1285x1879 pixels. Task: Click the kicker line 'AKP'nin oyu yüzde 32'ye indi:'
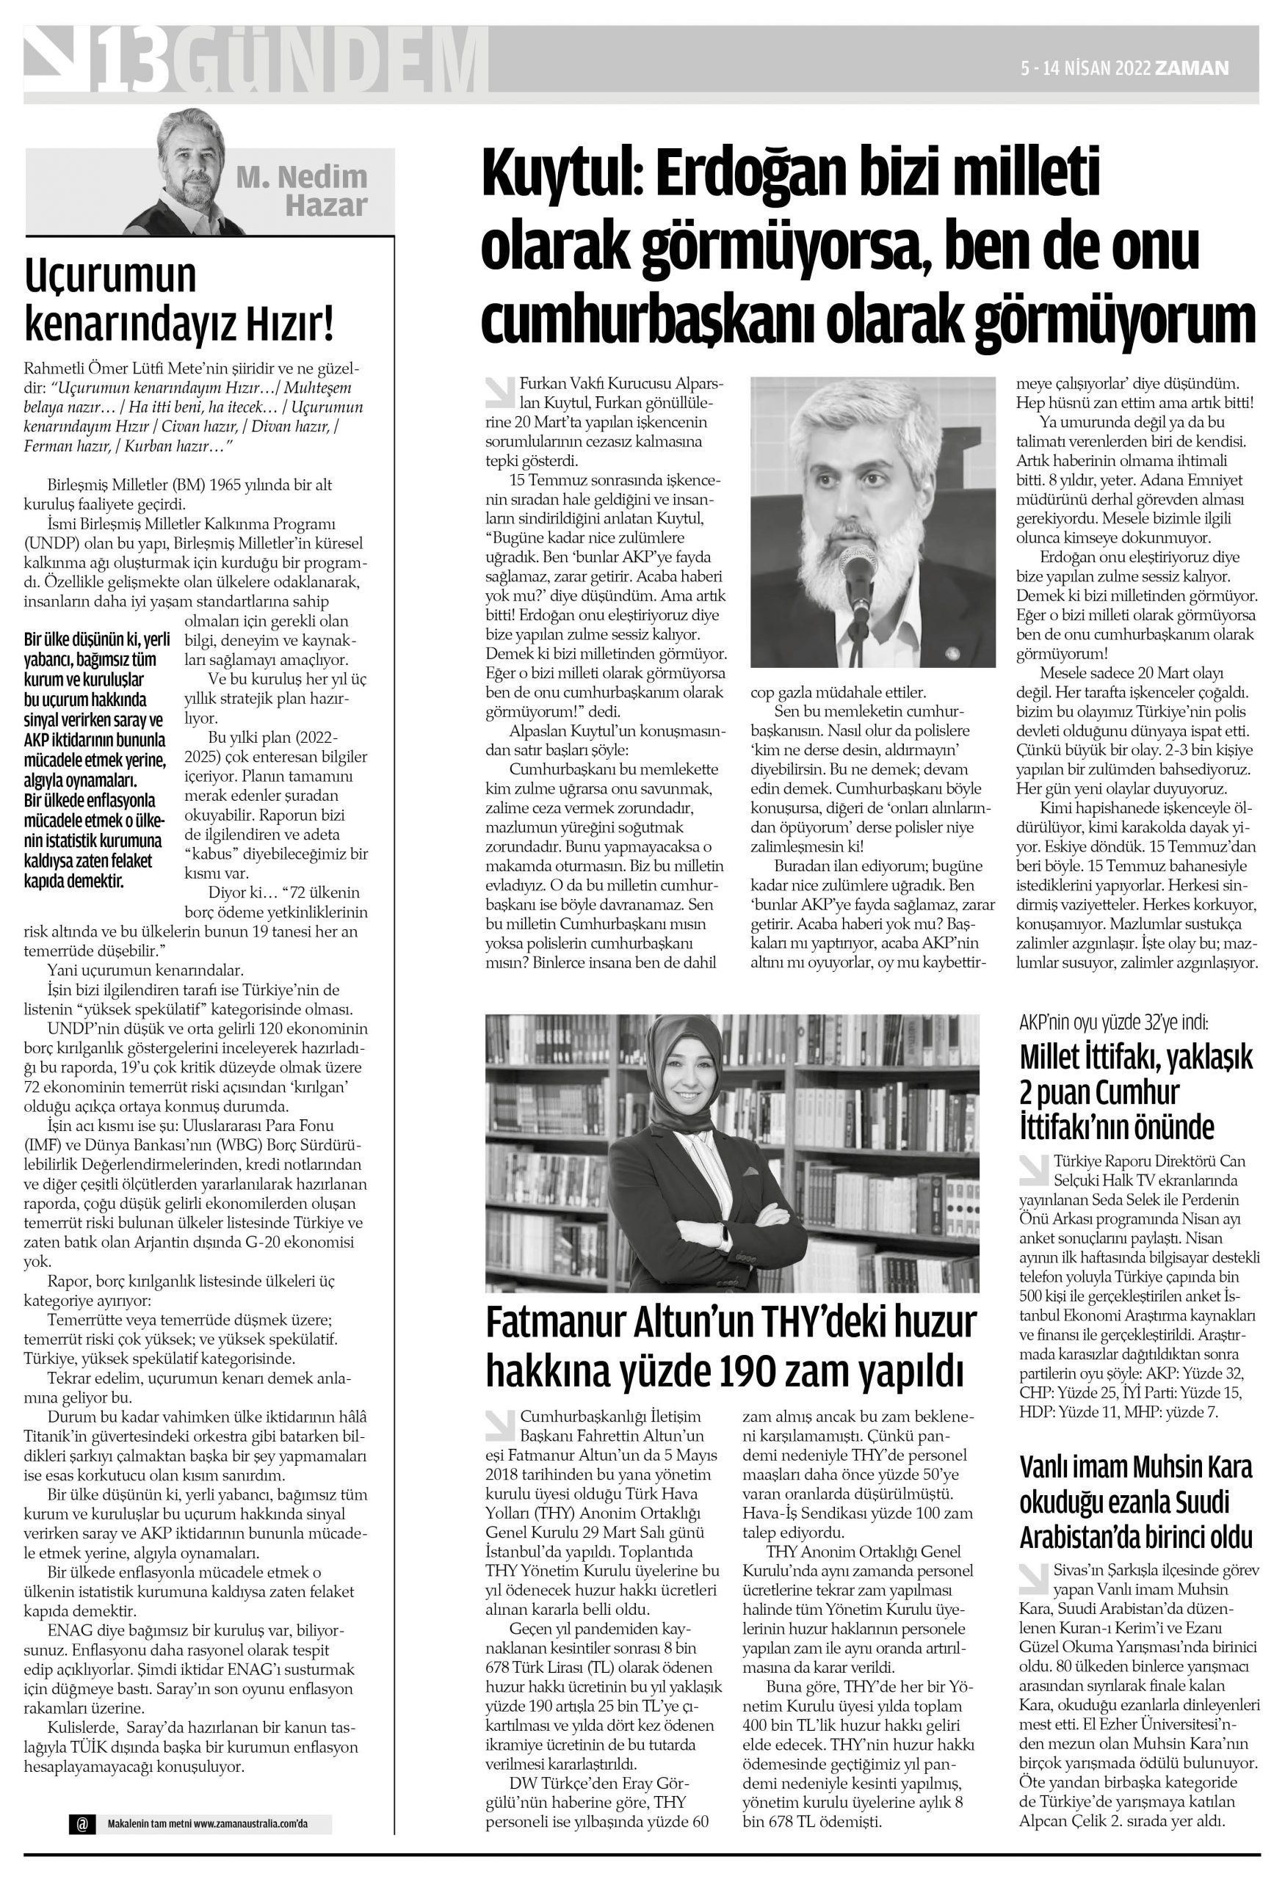point(1114,1022)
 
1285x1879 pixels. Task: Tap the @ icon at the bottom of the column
point(82,1824)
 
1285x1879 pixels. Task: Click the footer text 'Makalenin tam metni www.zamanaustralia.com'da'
point(208,1825)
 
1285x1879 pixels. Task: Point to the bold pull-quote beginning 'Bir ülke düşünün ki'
point(95,759)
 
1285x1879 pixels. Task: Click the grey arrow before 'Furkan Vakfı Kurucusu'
point(499,391)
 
